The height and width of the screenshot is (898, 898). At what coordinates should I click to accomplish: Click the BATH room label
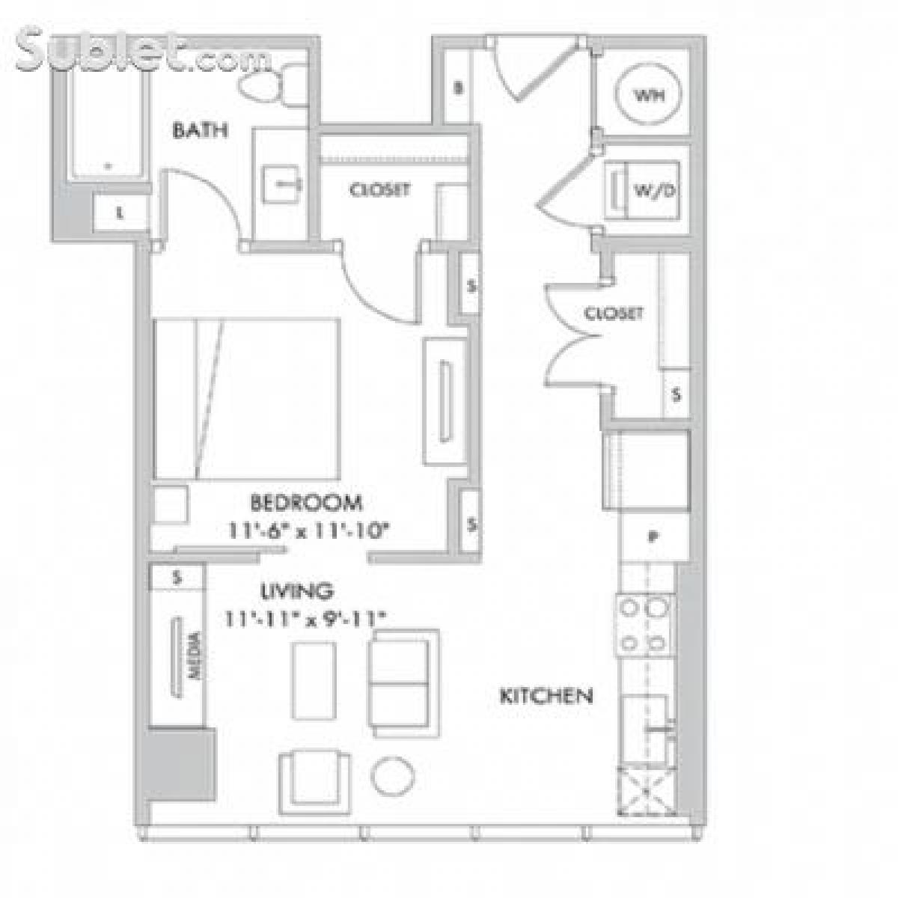click(x=200, y=130)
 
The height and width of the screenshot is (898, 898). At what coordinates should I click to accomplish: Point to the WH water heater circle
click(x=649, y=96)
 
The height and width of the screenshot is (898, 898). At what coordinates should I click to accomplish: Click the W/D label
click(x=655, y=190)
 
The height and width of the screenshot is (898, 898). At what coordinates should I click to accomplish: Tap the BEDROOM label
click(x=306, y=502)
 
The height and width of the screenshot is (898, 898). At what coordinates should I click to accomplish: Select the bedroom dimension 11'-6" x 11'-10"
click(x=310, y=531)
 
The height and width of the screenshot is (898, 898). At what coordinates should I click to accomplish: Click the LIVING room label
click(x=296, y=591)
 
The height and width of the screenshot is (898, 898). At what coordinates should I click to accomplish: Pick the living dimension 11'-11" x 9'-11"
click(x=305, y=619)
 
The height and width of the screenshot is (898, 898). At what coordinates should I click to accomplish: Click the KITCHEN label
click(x=546, y=696)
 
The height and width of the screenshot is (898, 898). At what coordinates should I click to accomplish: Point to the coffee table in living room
click(x=312, y=680)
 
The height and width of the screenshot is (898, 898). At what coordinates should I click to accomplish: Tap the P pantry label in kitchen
click(x=653, y=536)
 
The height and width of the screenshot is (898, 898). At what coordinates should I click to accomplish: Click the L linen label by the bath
click(x=120, y=213)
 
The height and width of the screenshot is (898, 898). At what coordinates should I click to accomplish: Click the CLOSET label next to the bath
click(x=379, y=190)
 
